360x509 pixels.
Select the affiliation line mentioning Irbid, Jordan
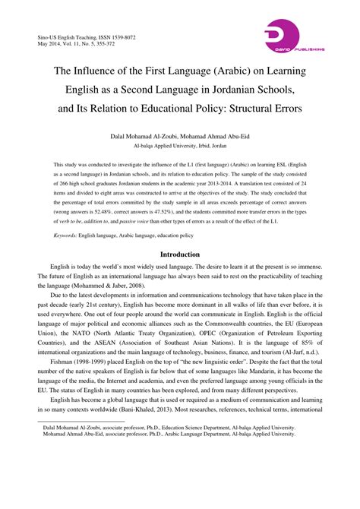coord(180,144)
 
